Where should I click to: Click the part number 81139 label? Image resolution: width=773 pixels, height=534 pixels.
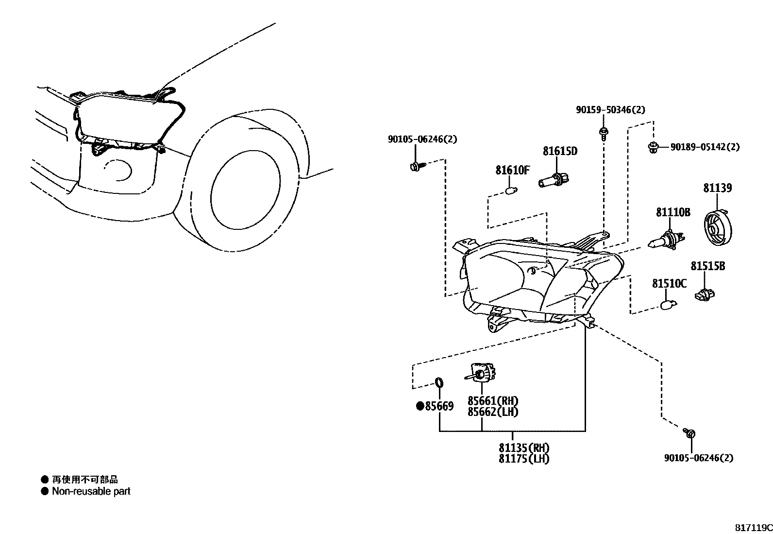click(717, 188)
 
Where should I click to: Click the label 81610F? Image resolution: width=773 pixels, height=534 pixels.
click(512, 171)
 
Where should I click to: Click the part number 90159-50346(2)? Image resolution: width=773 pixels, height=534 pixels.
click(610, 110)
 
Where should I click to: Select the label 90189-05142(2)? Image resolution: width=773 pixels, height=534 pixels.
click(705, 147)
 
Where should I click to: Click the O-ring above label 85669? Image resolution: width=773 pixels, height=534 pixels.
click(438, 383)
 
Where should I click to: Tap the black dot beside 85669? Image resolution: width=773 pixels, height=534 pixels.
click(420, 406)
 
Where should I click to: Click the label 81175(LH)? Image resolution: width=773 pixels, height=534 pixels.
click(523, 459)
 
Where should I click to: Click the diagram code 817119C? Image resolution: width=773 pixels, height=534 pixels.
click(753, 528)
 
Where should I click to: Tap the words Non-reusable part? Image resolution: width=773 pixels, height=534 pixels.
click(91, 491)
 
